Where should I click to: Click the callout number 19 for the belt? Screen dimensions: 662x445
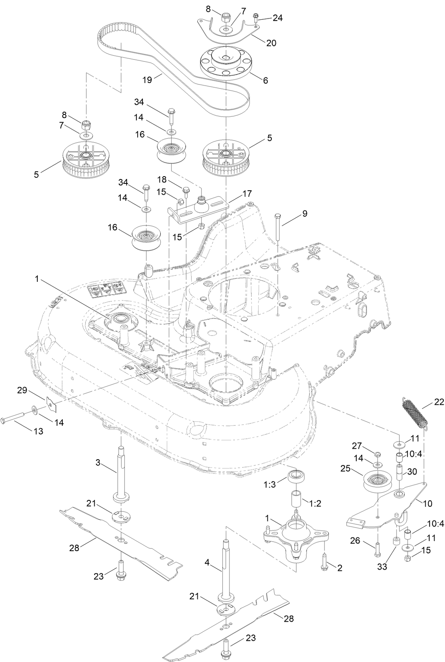[147, 80]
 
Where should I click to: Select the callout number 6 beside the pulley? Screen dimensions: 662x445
[265, 80]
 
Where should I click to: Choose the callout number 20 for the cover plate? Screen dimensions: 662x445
[271, 42]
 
